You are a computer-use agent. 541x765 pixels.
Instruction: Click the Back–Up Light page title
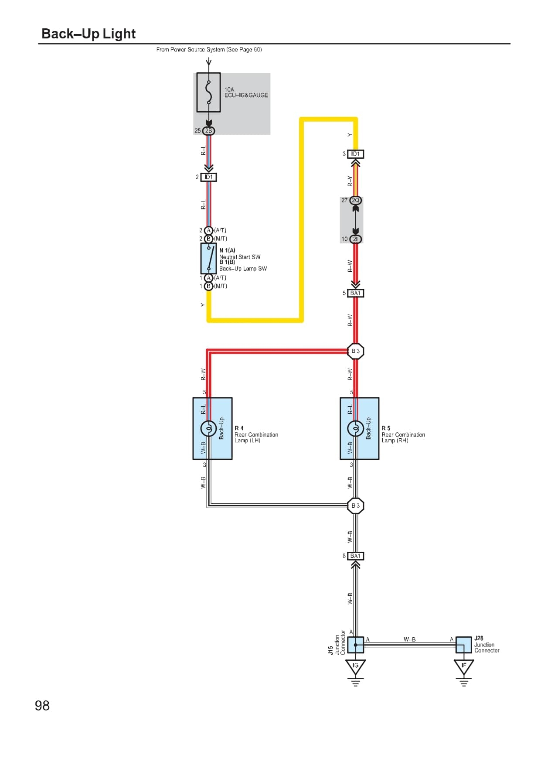(88, 34)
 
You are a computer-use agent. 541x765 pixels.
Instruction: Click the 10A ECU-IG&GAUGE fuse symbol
(208, 92)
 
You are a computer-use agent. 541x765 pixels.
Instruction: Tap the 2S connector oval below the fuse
(208, 130)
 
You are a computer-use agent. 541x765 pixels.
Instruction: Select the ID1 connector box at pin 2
(208, 177)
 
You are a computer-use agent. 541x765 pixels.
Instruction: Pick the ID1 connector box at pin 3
(355, 154)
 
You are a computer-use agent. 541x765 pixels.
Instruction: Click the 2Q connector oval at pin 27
(355, 200)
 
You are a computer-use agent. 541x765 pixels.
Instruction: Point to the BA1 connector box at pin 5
(355, 293)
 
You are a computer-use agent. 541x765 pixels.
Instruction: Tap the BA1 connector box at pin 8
(355, 556)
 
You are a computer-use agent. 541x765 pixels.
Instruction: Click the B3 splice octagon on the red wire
(355, 351)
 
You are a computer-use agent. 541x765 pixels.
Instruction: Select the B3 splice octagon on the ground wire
(355, 506)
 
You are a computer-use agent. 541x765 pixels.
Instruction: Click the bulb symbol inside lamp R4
(208, 429)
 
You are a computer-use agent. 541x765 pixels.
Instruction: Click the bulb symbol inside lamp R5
(355, 429)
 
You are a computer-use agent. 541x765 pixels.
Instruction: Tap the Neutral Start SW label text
(239, 257)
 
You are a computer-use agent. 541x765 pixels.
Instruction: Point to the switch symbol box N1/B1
(208, 258)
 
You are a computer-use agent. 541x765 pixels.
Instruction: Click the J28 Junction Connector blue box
(463, 645)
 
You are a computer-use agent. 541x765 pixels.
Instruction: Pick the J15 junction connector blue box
(355, 645)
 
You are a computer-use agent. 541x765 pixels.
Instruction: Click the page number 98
(42, 706)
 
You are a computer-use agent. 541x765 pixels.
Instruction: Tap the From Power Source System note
(209, 50)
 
